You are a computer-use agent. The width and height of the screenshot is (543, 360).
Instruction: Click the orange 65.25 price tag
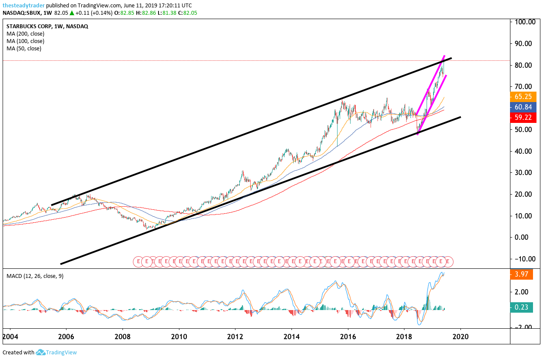click(524, 97)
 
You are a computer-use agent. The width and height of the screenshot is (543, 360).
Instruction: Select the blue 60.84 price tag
click(524, 107)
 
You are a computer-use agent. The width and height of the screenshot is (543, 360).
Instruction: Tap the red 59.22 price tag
click(524, 117)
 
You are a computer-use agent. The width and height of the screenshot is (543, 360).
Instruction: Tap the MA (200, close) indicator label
click(25, 34)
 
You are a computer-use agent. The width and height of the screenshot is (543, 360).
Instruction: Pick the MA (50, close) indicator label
click(24, 49)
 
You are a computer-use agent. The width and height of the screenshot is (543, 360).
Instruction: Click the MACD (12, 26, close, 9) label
click(35, 276)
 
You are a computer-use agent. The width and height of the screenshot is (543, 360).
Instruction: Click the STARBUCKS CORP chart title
click(28, 26)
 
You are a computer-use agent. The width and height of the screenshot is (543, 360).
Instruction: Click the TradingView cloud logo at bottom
click(41, 352)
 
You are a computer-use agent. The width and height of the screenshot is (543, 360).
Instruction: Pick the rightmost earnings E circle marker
click(448, 261)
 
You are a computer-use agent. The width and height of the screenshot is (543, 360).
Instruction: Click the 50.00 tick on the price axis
click(525, 130)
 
